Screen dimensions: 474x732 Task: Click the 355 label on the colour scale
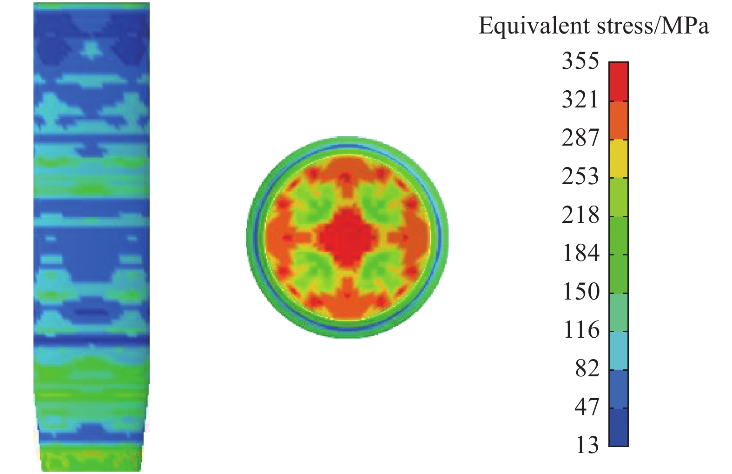pyautogui.click(x=580, y=61)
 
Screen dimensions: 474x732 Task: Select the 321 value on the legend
pyautogui.click(x=580, y=100)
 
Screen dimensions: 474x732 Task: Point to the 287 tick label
pyautogui.click(x=580, y=138)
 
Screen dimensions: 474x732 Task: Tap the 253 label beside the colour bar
pyautogui.click(x=580, y=177)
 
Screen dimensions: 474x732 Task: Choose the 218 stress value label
pyautogui.click(x=580, y=215)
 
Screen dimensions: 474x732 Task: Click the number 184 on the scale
pyautogui.click(x=580, y=254)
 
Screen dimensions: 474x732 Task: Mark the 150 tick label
pyautogui.click(x=580, y=292)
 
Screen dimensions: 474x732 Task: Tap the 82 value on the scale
pyautogui.click(x=587, y=369)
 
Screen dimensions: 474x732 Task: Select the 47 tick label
pyautogui.click(x=587, y=408)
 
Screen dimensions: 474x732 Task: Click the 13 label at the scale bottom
pyautogui.click(x=587, y=446)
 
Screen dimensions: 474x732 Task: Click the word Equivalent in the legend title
pyautogui.click(x=534, y=27)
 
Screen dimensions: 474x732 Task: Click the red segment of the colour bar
pyautogui.click(x=618, y=81)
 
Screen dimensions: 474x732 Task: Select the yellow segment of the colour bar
pyautogui.click(x=618, y=158)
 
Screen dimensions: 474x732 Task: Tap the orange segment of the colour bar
pyautogui.click(x=618, y=120)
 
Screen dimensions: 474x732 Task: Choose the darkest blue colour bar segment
pyautogui.click(x=618, y=427)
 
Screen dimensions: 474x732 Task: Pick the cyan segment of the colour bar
pyautogui.click(x=618, y=350)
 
